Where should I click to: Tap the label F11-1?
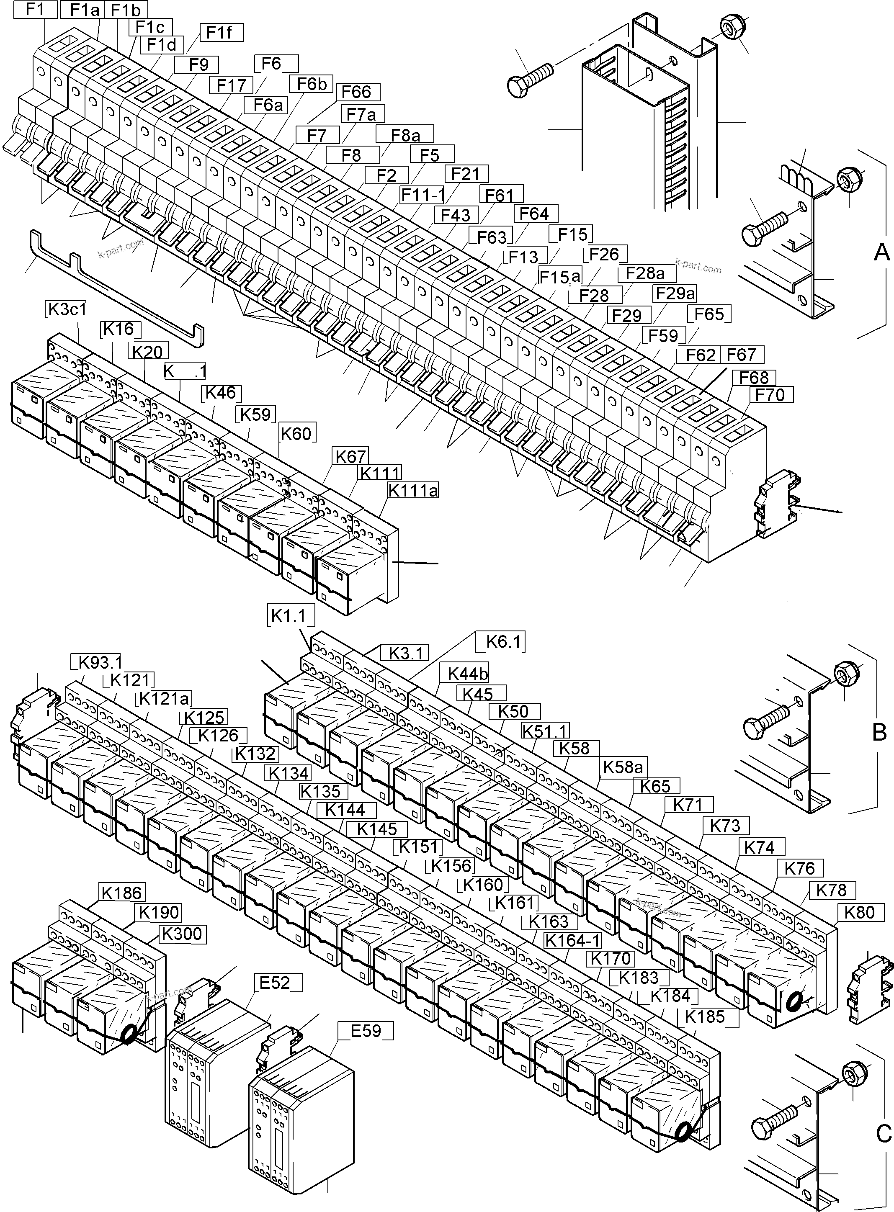pos(423,195)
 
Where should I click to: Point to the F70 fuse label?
pos(770,395)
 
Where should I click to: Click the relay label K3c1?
pos(67,309)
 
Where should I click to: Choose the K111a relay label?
pos(413,491)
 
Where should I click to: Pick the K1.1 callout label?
pos(289,616)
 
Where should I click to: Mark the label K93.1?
pos(100,662)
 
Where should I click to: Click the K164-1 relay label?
pos(572,940)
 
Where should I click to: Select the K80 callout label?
pos(859,912)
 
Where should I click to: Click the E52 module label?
pos(275,982)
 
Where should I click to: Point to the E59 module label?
pos(366,1031)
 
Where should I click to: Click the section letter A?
pos(881,252)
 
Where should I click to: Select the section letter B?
pos(879,733)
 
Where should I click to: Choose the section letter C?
pos(883,1132)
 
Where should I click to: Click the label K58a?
pos(623,767)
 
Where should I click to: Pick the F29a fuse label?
pos(675,293)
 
